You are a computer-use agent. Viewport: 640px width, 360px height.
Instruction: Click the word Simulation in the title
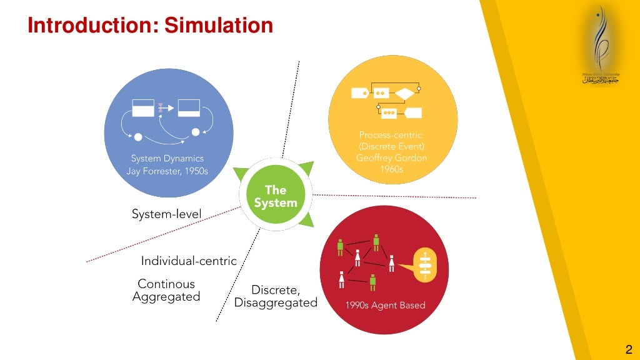219,26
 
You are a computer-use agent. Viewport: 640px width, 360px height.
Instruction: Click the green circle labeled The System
276,196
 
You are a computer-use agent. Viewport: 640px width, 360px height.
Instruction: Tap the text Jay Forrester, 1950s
167,171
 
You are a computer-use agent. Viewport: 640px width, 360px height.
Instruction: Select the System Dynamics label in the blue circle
167,159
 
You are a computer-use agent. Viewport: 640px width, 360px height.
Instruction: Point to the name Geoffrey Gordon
392,158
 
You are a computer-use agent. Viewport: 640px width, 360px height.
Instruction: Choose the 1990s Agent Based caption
385,306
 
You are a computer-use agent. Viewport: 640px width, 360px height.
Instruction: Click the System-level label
167,214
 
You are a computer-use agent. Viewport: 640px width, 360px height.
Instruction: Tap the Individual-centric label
189,261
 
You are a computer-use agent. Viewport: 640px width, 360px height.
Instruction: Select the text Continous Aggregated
166,291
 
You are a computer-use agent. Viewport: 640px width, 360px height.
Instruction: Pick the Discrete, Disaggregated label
276,296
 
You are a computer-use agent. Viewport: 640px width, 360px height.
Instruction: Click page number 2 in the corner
629,349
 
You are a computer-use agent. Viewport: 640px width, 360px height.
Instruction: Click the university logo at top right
601,50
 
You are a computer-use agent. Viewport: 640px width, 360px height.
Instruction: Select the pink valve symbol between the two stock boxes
161,108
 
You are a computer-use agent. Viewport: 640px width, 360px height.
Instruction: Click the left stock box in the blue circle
142,107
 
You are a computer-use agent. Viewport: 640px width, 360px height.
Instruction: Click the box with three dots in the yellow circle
389,113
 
